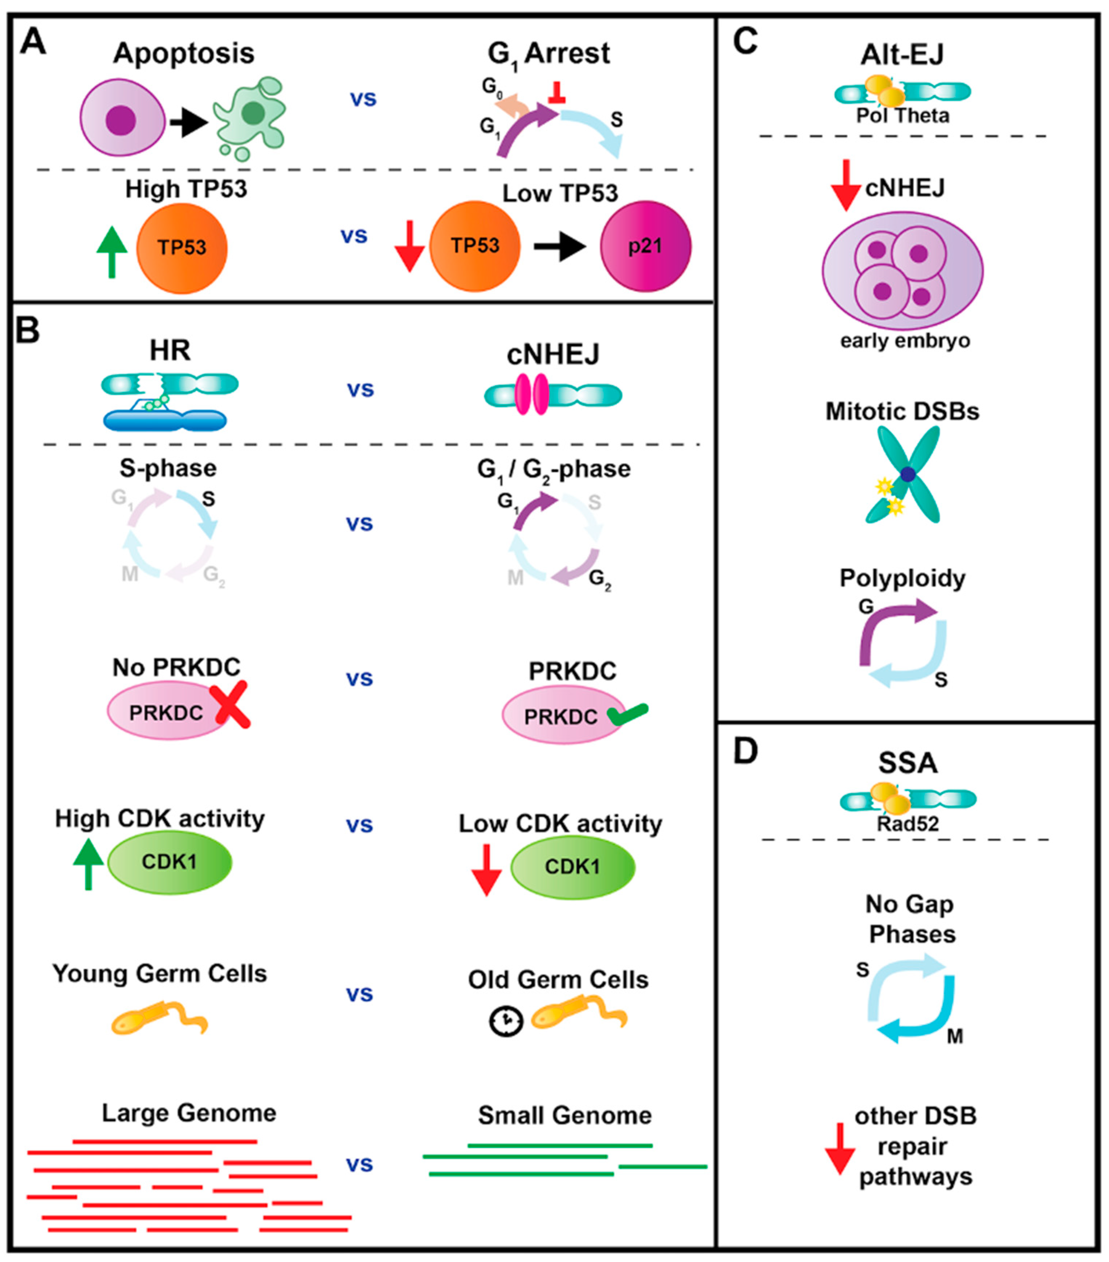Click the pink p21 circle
(645, 246)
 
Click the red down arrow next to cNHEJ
(845, 185)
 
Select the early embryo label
(905, 340)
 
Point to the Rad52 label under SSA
(908, 824)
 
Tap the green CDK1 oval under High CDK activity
(169, 861)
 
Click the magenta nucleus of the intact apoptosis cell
(121, 119)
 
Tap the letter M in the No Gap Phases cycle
(955, 1036)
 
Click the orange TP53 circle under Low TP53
(474, 246)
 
